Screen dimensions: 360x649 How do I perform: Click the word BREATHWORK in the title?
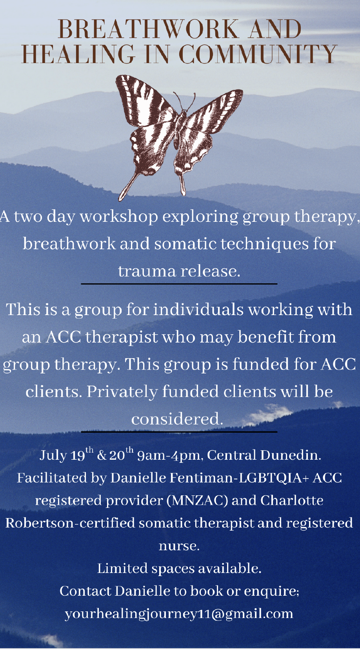coord(148,29)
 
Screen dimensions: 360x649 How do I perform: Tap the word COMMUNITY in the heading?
coord(258,54)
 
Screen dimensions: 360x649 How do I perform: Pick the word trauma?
coord(147,272)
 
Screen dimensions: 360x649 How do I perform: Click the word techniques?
coord(265,244)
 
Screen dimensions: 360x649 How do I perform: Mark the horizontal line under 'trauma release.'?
coord(179,284)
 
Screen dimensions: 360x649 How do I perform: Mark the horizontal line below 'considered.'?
coord(179,432)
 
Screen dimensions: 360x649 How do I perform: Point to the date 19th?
coord(82,454)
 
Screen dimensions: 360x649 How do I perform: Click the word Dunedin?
coord(291,455)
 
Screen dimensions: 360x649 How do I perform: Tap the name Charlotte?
coord(292,500)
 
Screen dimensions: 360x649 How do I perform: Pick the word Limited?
coord(122,568)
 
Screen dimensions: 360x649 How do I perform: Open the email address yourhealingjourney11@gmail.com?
coord(179,614)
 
